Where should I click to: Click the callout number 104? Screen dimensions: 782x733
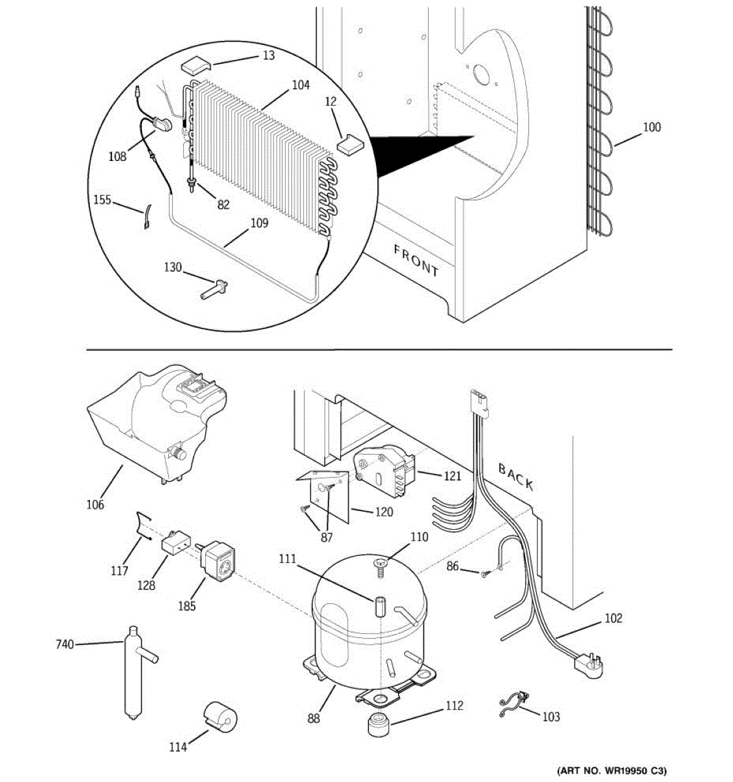pyautogui.click(x=300, y=85)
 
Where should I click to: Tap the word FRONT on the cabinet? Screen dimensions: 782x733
pyautogui.click(x=416, y=259)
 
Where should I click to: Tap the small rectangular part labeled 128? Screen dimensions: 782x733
pyautogui.click(x=175, y=542)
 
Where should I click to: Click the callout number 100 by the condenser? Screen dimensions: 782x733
pyautogui.click(x=652, y=127)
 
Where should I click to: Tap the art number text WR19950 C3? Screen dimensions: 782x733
pyautogui.click(x=612, y=769)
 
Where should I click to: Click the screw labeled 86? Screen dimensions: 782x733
pyautogui.click(x=484, y=573)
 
